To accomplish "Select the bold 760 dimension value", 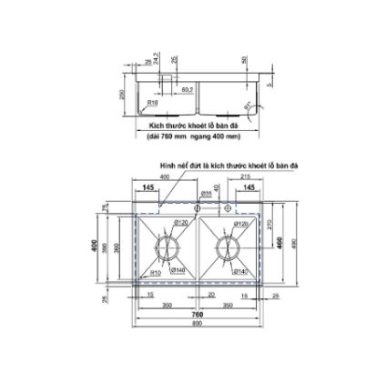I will (x=198, y=315).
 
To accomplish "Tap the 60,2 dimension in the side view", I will (x=186, y=89).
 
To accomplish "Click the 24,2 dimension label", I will (x=158, y=62).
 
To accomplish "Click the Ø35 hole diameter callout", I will (x=207, y=194).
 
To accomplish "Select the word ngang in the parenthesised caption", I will (x=216, y=137).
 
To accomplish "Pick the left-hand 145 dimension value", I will (x=147, y=189).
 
